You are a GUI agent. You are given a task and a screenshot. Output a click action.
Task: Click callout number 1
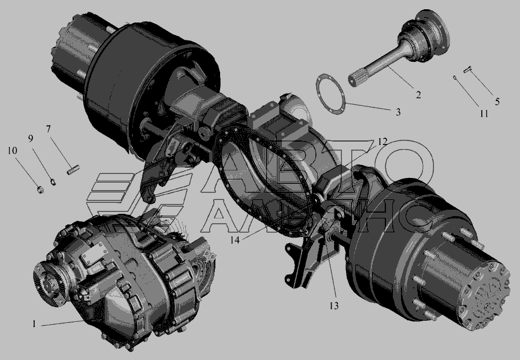[34, 324]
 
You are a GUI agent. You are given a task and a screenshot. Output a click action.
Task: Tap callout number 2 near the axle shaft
[418, 95]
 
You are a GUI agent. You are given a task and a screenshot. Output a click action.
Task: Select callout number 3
[398, 112]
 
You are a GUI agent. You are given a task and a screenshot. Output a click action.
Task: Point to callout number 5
[497, 102]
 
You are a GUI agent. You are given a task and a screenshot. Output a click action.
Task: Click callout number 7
[49, 129]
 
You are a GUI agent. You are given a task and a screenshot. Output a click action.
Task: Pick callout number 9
[31, 138]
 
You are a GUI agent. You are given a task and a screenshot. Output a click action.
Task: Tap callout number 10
[12, 151]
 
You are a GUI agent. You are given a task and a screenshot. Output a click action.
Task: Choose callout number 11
[484, 113]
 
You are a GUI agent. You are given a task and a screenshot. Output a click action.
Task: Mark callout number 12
[382, 142]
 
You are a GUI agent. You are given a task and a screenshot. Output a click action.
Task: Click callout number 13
[334, 306]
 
